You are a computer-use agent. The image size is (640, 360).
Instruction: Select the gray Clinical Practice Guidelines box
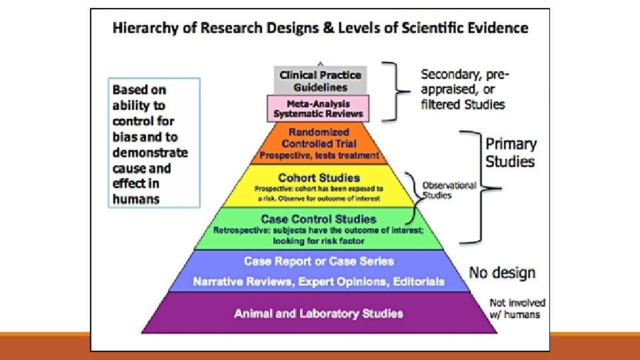(320, 81)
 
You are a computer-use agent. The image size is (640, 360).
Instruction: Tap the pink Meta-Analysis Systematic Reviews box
(318, 109)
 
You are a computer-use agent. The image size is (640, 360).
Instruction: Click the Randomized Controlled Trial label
(319, 138)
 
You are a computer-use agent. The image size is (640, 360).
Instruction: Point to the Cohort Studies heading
(319, 178)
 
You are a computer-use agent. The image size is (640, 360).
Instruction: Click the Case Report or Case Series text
(319, 261)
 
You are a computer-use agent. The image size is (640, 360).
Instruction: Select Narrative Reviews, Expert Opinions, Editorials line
(319, 281)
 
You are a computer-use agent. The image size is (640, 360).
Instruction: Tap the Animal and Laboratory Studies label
(319, 313)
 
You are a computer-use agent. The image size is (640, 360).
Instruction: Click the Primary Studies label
(511, 152)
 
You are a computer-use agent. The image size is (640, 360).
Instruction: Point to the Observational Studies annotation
(449, 190)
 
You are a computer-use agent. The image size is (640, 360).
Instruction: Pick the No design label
(502, 272)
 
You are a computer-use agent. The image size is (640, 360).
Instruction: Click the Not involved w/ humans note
(517, 309)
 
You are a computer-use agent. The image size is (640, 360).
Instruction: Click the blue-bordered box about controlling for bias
(155, 143)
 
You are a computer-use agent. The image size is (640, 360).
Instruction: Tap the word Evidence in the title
(495, 28)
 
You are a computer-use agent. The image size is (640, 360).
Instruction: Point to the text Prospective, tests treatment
(319, 156)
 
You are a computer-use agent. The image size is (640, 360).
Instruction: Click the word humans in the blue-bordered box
(136, 199)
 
